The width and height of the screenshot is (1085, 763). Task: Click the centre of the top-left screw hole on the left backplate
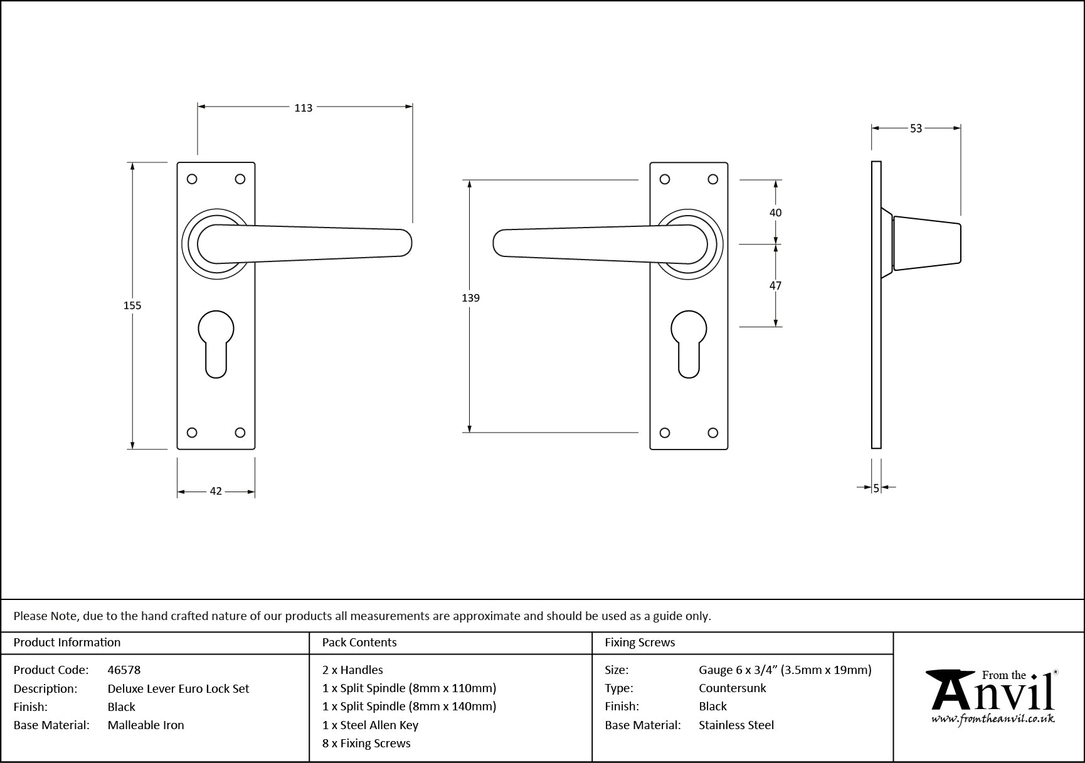tap(193, 179)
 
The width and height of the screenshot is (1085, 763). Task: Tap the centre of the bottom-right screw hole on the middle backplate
tap(712, 433)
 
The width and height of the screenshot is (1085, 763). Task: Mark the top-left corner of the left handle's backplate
tap(177, 162)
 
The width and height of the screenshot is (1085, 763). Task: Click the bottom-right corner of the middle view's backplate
tap(728, 449)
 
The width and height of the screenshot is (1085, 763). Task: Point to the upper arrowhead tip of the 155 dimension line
tap(132, 162)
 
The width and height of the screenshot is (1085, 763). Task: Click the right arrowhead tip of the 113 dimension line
tap(413, 107)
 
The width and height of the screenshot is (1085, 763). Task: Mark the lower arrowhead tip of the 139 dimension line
tap(467, 433)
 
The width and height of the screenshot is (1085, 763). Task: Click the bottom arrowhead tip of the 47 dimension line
tap(776, 327)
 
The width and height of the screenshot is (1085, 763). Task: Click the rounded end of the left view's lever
tap(405, 243)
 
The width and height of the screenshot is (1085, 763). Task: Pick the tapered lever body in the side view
tap(926, 243)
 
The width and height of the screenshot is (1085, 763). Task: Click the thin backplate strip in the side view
tap(876, 305)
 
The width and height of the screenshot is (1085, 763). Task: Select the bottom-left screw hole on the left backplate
tap(193, 433)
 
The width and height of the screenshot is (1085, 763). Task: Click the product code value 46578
tap(124, 670)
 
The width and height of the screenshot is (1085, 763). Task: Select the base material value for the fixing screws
tap(736, 725)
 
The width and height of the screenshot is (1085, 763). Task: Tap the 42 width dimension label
tap(216, 492)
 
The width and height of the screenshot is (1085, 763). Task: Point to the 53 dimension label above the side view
tap(916, 129)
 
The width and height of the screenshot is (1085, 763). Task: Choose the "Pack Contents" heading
tap(359, 643)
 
